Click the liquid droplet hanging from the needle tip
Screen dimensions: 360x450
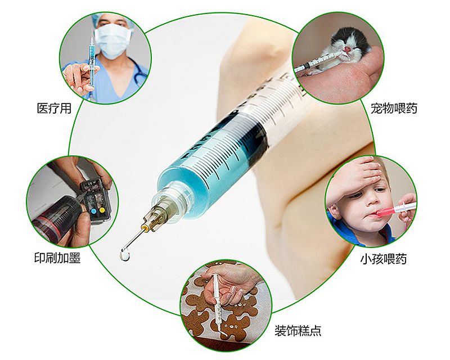[x=124, y=256]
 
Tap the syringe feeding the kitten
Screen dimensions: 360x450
[x=317, y=62]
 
